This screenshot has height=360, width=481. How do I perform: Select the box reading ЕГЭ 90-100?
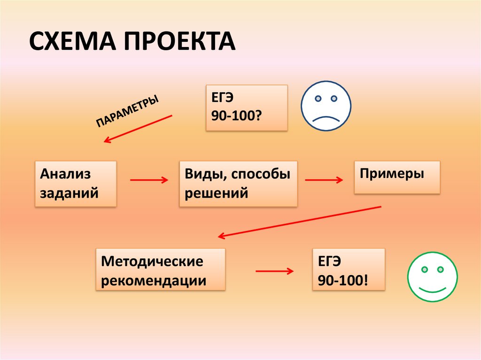point(246,107)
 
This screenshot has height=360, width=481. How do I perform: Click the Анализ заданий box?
point(75,184)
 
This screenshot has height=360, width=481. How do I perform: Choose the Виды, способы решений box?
point(238,184)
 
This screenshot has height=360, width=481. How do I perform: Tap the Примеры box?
point(397,177)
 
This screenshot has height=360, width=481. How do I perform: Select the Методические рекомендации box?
point(160,270)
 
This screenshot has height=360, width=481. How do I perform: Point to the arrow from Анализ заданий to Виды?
point(148,180)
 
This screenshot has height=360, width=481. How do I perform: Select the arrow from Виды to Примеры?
point(324,180)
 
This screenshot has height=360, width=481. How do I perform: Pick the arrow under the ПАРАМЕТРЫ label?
point(138,128)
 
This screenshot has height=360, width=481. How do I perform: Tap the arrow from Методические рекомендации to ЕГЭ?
point(274,271)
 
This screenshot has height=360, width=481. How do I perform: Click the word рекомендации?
point(154,281)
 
